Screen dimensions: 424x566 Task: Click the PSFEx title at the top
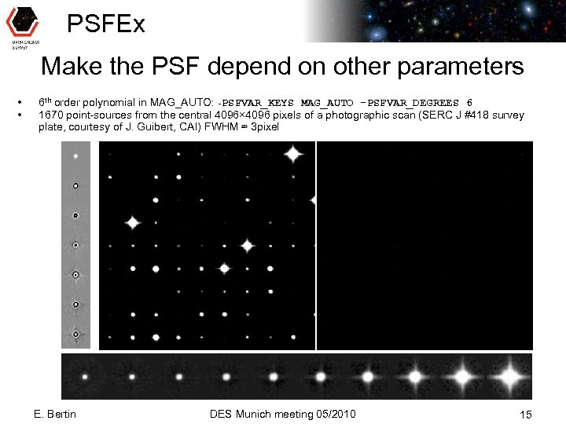tap(106, 24)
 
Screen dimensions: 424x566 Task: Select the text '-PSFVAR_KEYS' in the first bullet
tap(257, 103)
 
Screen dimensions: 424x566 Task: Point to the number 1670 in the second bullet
tap(50, 115)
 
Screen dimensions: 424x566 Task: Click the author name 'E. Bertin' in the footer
tap(56, 414)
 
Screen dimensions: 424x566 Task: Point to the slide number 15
tap(526, 414)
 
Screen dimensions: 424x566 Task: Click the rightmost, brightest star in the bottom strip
tap(510, 377)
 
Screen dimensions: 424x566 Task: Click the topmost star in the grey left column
tap(76, 156)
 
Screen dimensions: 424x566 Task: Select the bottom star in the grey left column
tap(76, 335)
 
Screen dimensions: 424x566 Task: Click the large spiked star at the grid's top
tap(293, 154)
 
